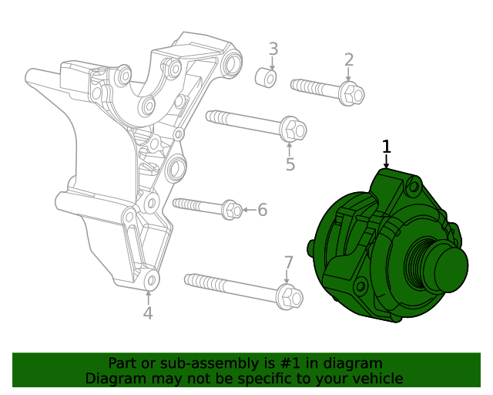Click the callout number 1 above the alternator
(x=387, y=147)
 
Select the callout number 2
(x=349, y=60)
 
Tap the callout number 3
(x=273, y=50)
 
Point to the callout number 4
(x=148, y=313)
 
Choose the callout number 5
(x=290, y=164)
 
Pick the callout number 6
(x=262, y=209)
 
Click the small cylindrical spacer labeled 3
(x=266, y=77)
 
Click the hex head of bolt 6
(x=232, y=209)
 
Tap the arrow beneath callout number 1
(x=387, y=161)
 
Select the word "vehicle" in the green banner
(x=375, y=378)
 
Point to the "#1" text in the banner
(x=287, y=363)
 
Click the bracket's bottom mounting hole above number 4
(x=151, y=279)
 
